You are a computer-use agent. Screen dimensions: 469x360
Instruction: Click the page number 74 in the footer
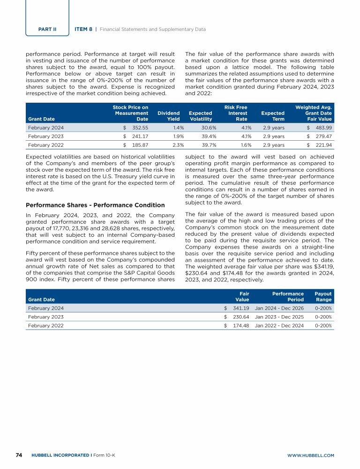pos(19,455)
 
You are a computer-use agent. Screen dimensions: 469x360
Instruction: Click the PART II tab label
pos(47,29)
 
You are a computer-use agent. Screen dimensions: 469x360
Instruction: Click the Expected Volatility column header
pos(200,116)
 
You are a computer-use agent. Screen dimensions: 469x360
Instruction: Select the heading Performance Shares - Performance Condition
pos(95,205)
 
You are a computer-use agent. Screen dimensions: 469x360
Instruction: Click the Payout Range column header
pos(323,297)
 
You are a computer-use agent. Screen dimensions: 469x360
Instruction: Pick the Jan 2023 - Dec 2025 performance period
pos(279,317)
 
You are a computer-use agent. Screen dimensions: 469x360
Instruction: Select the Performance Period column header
pos(288,297)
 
